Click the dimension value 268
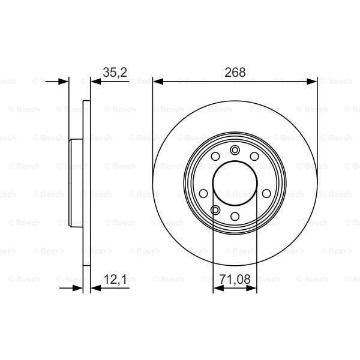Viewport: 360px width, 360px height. [235, 73]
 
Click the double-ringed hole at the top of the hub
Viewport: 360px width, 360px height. [235, 149]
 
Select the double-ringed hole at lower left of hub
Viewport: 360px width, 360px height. [215, 210]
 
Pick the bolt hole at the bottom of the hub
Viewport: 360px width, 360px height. [235, 216]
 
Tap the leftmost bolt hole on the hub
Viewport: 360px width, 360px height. [203, 193]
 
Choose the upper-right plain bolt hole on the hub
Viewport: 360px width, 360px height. [254, 157]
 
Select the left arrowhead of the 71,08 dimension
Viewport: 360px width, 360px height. [217, 288]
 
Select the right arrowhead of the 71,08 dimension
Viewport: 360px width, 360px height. [253, 288]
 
